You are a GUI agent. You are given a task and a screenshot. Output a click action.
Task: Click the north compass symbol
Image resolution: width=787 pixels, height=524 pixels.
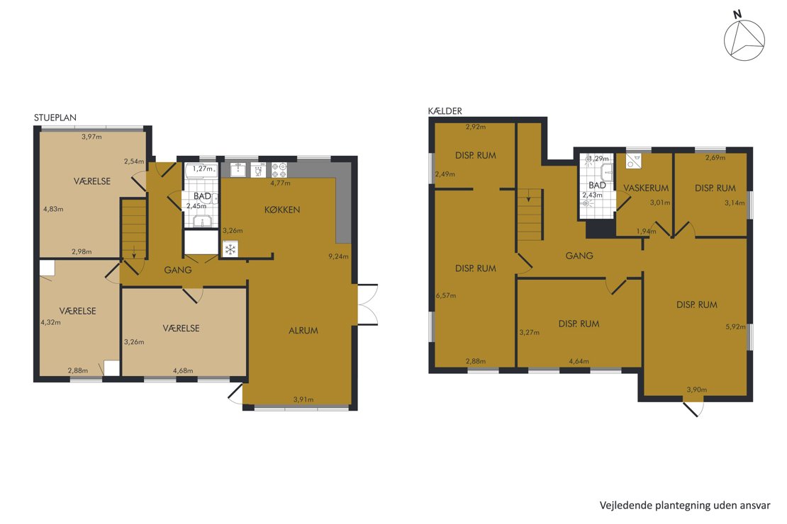(x=744, y=40)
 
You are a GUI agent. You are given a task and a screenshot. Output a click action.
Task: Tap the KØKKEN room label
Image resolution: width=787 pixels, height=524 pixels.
(x=282, y=210)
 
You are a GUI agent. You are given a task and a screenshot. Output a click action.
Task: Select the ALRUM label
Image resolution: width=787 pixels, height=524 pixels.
(x=303, y=331)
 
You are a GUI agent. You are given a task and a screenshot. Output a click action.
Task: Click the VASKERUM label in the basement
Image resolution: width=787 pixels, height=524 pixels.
(x=646, y=188)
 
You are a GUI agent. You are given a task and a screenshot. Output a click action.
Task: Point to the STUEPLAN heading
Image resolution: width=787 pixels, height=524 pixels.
(x=55, y=118)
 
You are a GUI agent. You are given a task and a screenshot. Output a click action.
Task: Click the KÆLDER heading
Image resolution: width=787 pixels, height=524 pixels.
(x=445, y=110)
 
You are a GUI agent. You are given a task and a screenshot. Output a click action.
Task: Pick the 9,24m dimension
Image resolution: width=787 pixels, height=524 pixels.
(x=338, y=256)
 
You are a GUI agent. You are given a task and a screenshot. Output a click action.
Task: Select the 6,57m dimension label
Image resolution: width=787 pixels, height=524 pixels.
(x=446, y=295)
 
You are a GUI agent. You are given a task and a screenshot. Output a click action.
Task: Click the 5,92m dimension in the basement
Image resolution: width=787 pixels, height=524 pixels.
(x=735, y=326)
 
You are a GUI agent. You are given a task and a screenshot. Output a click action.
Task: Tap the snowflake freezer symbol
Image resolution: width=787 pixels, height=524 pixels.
(x=230, y=249)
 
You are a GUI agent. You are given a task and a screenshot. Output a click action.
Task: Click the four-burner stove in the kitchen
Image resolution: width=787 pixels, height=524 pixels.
(x=279, y=170)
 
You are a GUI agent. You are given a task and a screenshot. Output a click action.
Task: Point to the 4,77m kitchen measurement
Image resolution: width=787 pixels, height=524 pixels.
(x=280, y=183)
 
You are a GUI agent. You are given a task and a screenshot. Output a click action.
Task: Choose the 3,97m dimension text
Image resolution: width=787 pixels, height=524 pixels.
(x=91, y=137)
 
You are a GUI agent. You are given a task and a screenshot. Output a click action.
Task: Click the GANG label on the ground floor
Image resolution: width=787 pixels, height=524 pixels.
(x=178, y=270)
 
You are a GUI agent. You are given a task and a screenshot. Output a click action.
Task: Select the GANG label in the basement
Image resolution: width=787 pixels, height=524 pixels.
(x=579, y=256)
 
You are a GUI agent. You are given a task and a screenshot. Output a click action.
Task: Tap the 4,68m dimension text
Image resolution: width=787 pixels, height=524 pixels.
(x=183, y=370)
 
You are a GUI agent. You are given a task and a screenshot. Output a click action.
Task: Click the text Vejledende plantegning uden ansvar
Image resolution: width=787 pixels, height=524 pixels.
(x=685, y=506)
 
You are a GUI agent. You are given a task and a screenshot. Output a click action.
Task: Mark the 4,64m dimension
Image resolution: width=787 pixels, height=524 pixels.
(x=579, y=361)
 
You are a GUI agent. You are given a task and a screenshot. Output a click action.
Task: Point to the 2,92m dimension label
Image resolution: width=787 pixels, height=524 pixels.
(x=475, y=127)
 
